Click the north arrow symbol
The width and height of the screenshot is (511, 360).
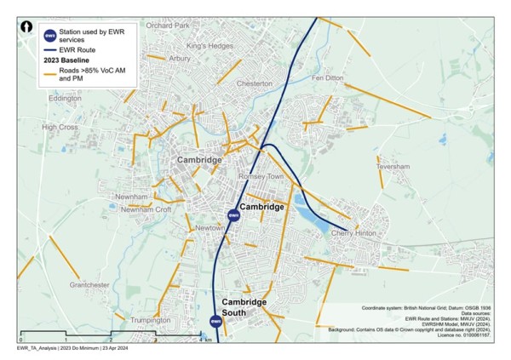(x=30, y=28)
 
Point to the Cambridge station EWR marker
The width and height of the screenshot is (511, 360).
(x=233, y=215)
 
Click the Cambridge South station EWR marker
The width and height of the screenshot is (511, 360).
(x=216, y=322)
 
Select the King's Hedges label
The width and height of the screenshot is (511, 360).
(x=209, y=45)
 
